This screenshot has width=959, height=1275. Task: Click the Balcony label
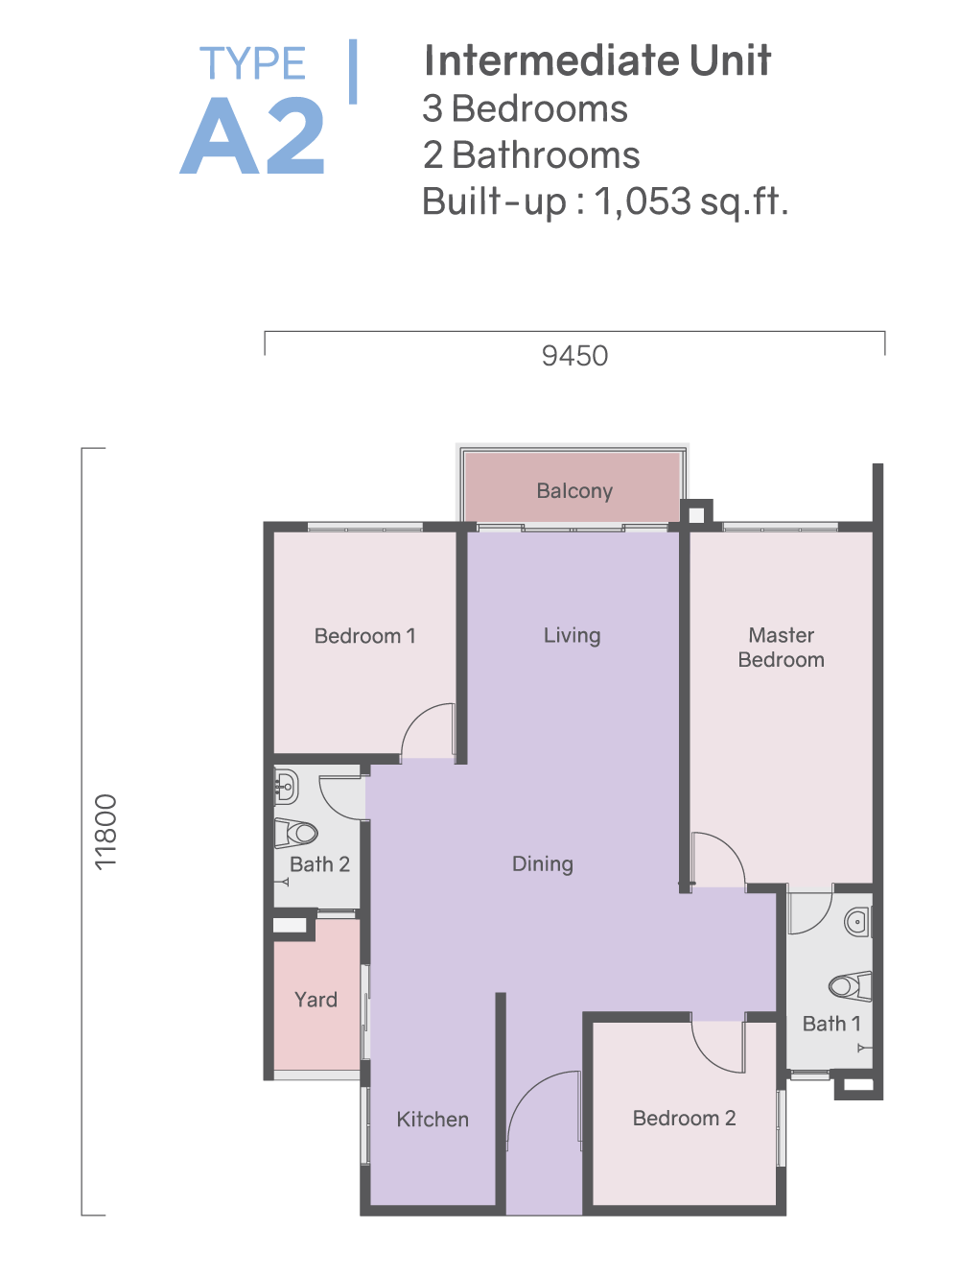(x=574, y=491)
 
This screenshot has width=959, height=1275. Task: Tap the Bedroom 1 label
(x=364, y=636)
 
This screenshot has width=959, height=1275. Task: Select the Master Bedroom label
(x=781, y=648)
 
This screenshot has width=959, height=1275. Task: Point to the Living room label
(x=572, y=635)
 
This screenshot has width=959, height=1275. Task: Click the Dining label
(x=542, y=864)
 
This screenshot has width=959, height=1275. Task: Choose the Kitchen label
(x=433, y=1120)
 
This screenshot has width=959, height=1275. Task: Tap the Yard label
(x=316, y=1000)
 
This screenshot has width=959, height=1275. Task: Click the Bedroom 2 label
(x=684, y=1119)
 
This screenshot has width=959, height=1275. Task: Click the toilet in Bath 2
(x=295, y=833)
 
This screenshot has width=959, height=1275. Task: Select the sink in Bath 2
(x=286, y=787)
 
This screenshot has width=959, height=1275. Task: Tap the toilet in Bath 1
(x=851, y=986)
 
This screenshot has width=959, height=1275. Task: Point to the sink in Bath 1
(x=858, y=921)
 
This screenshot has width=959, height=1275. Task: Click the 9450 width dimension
(x=574, y=356)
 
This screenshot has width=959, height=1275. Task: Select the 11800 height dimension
(x=105, y=832)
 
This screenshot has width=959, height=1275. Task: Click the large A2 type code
(x=252, y=136)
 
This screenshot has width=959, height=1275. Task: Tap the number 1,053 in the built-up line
(x=643, y=201)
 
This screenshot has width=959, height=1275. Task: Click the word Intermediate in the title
(x=551, y=60)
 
